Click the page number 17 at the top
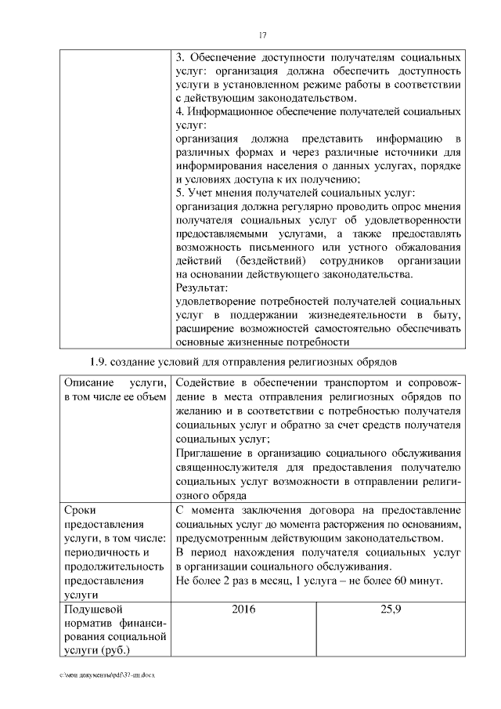point(262,34)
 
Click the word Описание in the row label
point(89,383)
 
